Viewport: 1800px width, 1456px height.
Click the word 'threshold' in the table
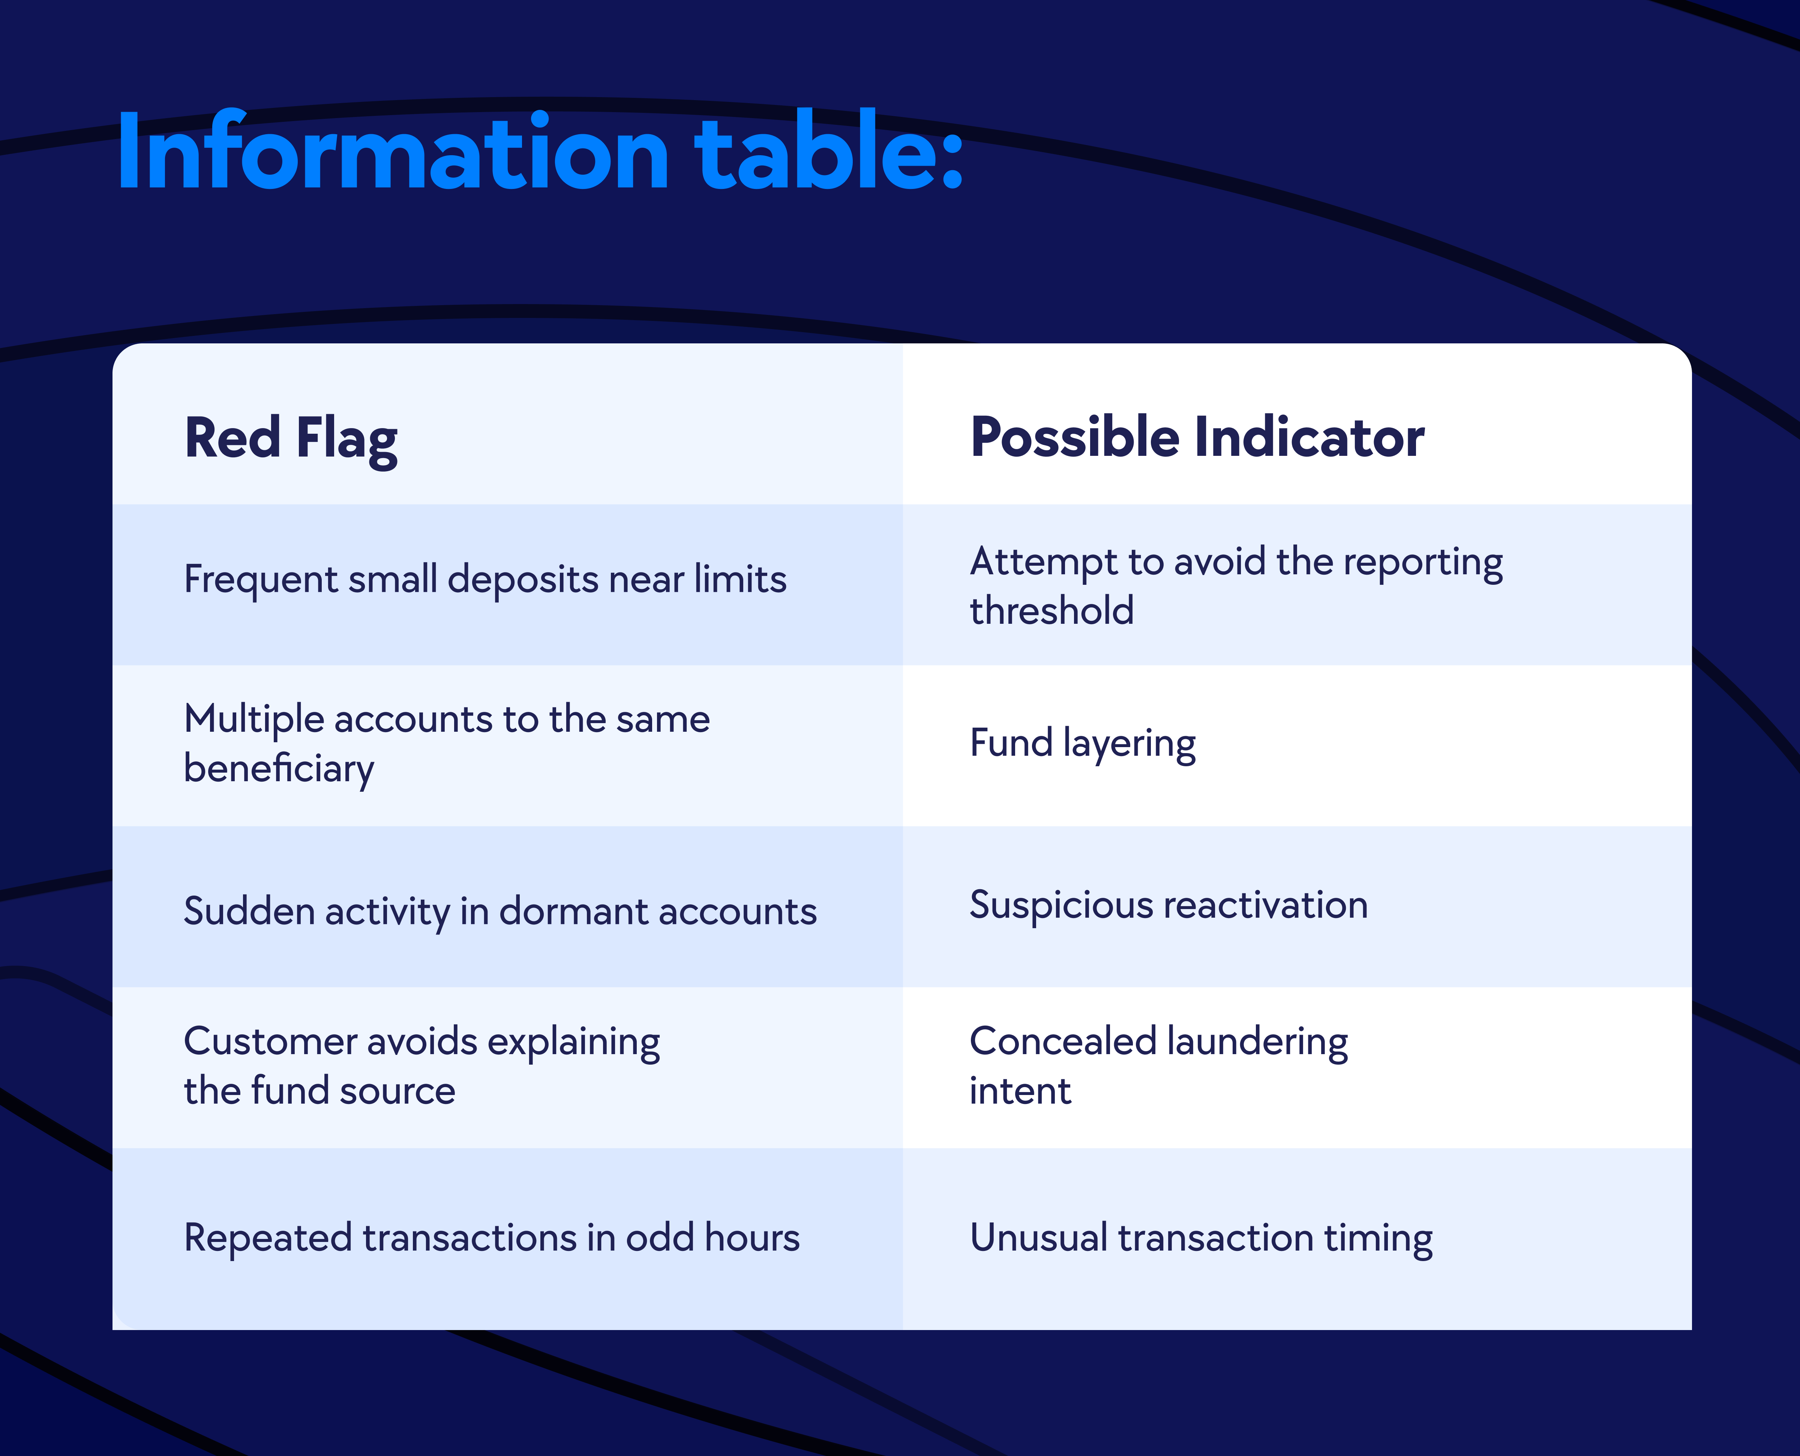coord(1052,610)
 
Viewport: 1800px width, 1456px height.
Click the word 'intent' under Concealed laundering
coord(1020,1091)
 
